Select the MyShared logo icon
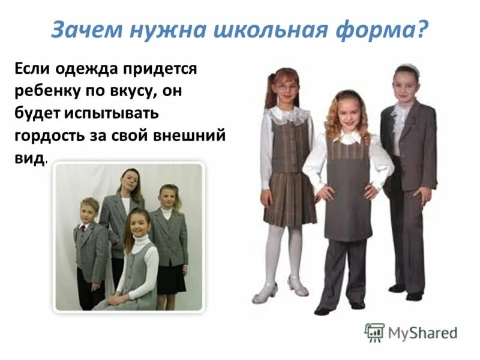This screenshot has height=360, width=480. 375,332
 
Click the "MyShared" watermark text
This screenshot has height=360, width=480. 423,332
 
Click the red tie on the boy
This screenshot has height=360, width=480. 83,229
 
